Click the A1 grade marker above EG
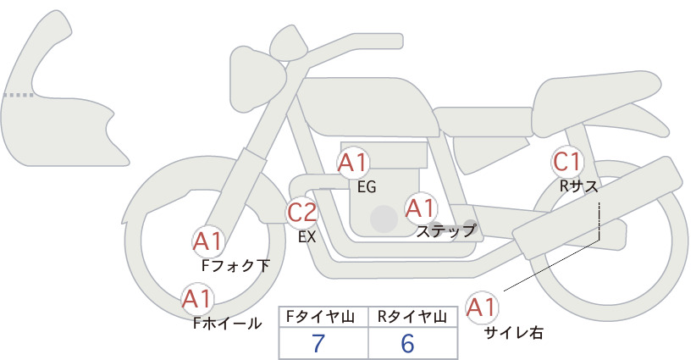pyautogui.click(x=353, y=163)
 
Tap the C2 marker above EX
pyautogui.click(x=301, y=212)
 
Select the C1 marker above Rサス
pyautogui.click(x=567, y=162)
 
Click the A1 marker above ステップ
pyautogui.click(x=421, y=208)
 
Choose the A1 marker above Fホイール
pyautogui.click(x=197, y=298)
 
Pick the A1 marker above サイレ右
pyautogui.click(x=482, y=307)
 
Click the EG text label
pyautogui.click(x=367, y=187)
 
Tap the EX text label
pyautogui.click(x=307, y=237)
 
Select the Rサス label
pyautogui.click(x=579, y=187)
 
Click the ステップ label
pyautogui.click(x=446, y=231)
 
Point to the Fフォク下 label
pyautogui.click(x=235, y=265)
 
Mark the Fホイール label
pyautogui.click(x=228, y=324)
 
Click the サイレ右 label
pyautogui.click(x=514, y=333)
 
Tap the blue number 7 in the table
pyautogui.click(x=318, y=343)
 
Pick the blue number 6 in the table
pyautogui.click(x=407, y=343)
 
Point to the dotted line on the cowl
pyautogui.click(x=18, y=95)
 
